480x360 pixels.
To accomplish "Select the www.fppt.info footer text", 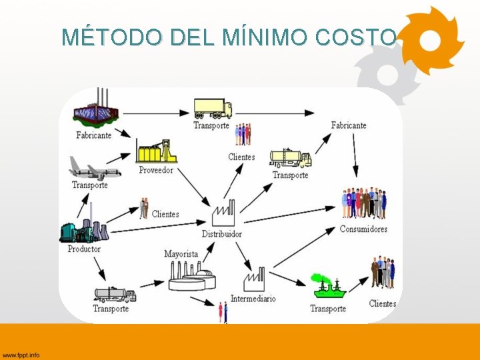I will tap(21, 354).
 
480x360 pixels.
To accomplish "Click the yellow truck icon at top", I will tap(213, 108).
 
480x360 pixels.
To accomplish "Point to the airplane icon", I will tap(93, 169).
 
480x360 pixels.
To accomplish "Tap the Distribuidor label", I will tap(222, 234).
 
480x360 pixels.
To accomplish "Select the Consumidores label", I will tap(363, 229).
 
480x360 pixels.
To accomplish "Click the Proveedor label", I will tap(156, 170).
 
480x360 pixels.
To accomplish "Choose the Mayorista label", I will tap(181, 254).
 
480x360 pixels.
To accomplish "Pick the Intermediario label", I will tap(253, 299).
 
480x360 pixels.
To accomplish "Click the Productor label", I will tap(84, 249).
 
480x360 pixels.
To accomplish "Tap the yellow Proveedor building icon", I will tap(156, 151).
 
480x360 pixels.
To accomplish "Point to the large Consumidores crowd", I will tap(364, 203).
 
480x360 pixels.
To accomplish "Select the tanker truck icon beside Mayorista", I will tap(114, 294).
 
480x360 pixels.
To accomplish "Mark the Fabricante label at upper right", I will tap(349, 125).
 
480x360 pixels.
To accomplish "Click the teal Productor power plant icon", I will tap(83, 229).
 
